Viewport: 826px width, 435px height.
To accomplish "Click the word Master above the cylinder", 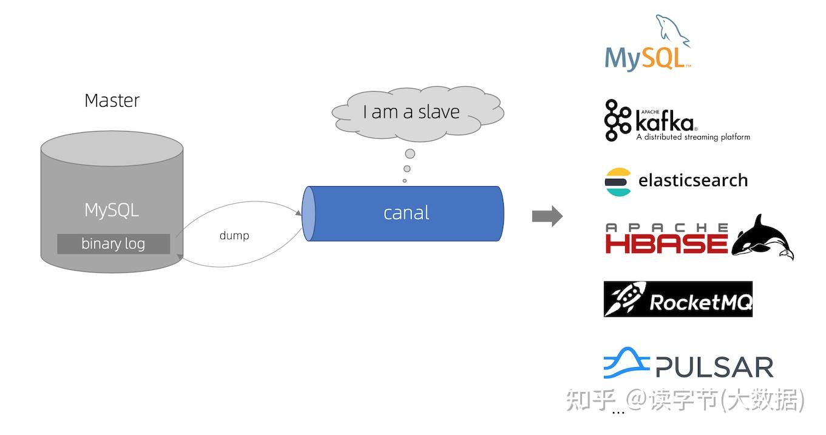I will pyautogui.click(x=112, y=100).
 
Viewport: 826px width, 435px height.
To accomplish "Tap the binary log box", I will pyautogui.click(x=113, y=244).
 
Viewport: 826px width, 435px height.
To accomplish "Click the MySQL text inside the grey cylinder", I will pyautogui.click(x=112, y=211).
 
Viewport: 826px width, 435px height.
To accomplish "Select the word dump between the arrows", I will pyautogui.click(x=234, y=235).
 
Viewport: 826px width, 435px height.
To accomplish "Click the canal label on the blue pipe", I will pyautogui.click(x=406, y=213).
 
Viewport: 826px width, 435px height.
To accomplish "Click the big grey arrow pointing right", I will pyautogui.click(x=547, y=217).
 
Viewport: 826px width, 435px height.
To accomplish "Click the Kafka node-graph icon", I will pyautogui.click(x=617, y=120).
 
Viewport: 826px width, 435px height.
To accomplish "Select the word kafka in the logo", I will pyautogui.click(x=665, y=122).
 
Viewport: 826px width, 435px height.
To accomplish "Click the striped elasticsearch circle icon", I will pyautogui.click(x=618, y=181).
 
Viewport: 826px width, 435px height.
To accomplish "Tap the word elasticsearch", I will pyautogui.click(x=692, y=181).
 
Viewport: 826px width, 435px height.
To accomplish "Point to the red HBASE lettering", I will pyautogui.click(x=666, y=243).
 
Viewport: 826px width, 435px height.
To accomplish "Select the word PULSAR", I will pyautogui.click(x=714, y=367).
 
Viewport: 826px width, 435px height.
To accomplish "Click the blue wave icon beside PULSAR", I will pyautogui.click(x=626, y=363).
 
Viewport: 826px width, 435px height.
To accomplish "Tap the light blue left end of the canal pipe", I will pyautogui.click(x=309, y=214).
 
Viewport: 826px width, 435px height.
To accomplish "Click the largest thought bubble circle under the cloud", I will pyautogui.click(x=410, y=153).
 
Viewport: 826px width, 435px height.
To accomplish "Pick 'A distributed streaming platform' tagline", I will pyautogui.click(x=692, y=137).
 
